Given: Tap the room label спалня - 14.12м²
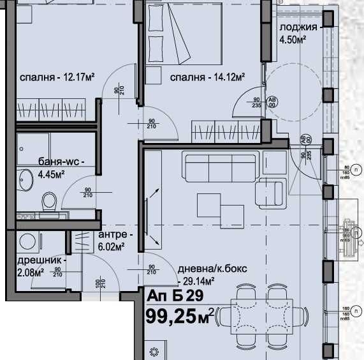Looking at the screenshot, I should (x=208, y=78).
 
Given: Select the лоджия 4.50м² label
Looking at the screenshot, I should (x=298, y=33).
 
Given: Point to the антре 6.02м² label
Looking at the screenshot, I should (x=111, y=240).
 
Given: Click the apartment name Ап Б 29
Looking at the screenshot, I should (x=175, y=296).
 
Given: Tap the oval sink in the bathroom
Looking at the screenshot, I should (x=25, y=182).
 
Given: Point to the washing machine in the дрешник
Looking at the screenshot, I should (x=27, y=241).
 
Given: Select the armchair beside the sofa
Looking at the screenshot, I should (x=271, y=193).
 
